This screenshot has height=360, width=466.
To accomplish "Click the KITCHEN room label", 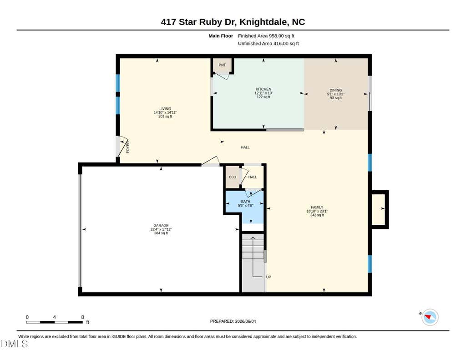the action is click(x=263, y=89).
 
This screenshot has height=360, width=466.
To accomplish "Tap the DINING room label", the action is click(x=335, y=90).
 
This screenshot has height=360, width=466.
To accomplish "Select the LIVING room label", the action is click(x=165, y=109).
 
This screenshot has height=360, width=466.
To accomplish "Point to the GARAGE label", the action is click(x=161, y=226).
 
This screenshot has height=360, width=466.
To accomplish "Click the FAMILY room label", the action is click(x=317, y=208).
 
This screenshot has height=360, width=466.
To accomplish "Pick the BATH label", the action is click(x=245, y=202).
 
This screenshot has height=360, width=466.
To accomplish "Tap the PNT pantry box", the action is click(x=222, y=66).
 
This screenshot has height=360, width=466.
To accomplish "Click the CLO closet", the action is click(x=233, y=177).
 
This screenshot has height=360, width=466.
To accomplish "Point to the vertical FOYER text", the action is click(x=128, y=147).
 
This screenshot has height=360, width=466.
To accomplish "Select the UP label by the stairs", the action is click(x=268, y=277).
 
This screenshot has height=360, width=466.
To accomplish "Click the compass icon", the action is click(x=430, y=317).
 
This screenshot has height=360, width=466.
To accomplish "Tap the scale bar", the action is click(x=54, y=322).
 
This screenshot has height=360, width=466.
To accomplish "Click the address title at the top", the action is click(x=233, y=22).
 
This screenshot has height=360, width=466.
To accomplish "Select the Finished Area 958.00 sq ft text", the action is click(x=266, y=36).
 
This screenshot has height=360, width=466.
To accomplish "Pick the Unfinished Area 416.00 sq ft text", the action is click(x=268, y=43).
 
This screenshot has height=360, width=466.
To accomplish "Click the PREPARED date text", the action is click(x=233, y=321).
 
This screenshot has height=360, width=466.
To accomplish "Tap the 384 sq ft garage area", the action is click(x=161, y=233).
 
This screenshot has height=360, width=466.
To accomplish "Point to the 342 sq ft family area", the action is click(x=317, y=215).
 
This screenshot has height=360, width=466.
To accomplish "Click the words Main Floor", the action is click(x=221, y=36).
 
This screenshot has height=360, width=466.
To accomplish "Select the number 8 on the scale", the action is click(x=83, y=317).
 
